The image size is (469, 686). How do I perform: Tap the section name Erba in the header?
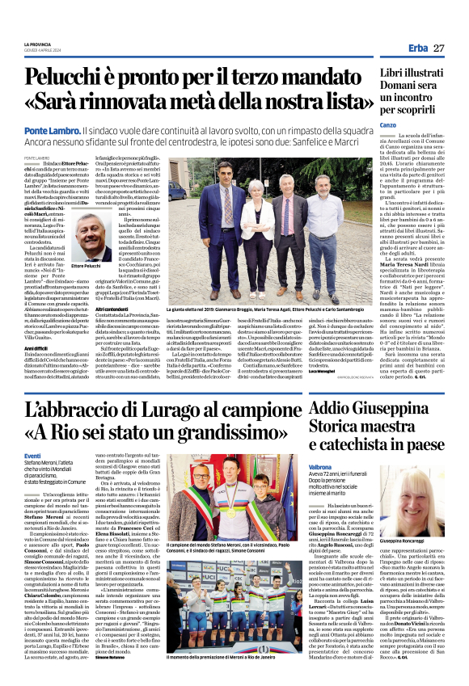click(418, 48)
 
